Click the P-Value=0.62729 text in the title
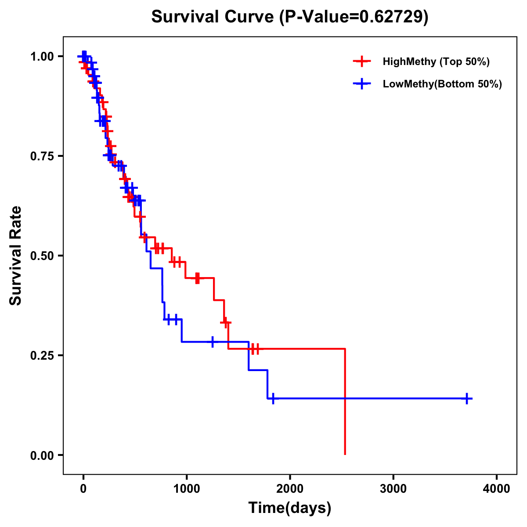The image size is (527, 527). (354, 17)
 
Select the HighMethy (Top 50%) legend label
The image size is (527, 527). (436, 61)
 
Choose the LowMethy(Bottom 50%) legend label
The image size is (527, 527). (442, 84)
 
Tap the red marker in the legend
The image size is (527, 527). (362, 61)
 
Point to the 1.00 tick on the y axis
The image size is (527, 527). (42, 57)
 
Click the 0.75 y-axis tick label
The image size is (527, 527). (42, 156)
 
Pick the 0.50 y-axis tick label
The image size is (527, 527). (42, 256)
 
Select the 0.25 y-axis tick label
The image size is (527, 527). (42, 356)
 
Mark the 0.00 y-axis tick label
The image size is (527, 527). (42, 455)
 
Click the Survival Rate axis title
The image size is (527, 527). (16, 256)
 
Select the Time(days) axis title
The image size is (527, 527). (290, 508)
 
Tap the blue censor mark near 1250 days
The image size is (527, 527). (213, 342)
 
